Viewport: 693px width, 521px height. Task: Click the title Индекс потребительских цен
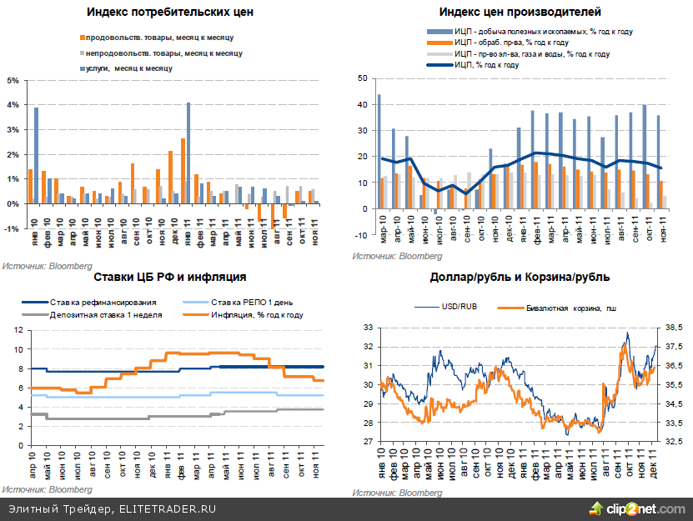tap(170, 13)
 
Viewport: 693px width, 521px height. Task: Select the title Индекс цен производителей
tap(520, 13)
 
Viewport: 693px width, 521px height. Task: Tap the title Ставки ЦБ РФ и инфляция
tap(169, 277)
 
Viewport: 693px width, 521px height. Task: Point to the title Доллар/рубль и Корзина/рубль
tap(519, 277)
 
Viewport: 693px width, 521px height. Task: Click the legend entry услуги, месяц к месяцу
tap(125, 68)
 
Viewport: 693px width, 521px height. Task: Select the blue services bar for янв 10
tap(36, 155)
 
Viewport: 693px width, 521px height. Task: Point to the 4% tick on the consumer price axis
tap(13, 105)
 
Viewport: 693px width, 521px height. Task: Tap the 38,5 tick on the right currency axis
tap(672, 327)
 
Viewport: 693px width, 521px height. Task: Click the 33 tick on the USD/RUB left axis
tap(368, 327)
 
